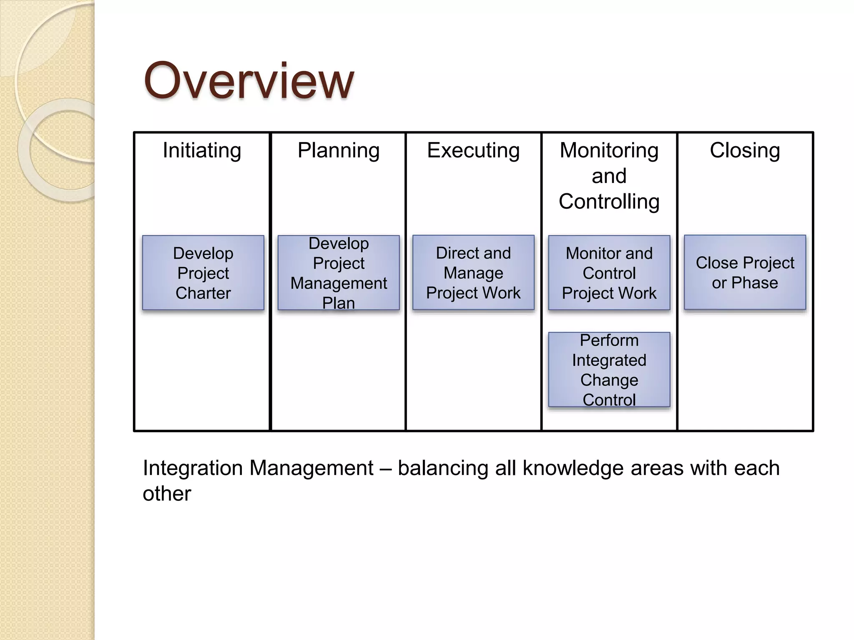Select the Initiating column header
202,150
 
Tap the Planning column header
338,150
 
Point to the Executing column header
473,150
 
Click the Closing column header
745,150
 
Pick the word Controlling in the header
609,202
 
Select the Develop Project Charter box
203,273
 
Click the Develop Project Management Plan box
339,273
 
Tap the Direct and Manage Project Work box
473,273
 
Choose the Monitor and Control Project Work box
609,273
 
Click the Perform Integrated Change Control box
609,370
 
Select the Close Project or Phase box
745,272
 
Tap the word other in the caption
167,494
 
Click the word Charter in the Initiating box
203,293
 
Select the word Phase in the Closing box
754,283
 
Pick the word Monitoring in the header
609,150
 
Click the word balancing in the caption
442,468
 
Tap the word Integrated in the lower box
609,360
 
